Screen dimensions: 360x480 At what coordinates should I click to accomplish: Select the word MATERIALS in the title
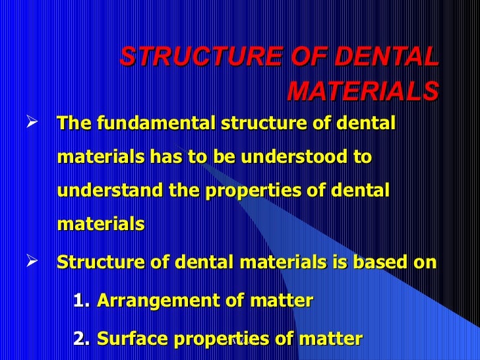coord(362,92)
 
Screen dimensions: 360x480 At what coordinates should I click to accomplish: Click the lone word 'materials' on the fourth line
coord(101,224)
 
